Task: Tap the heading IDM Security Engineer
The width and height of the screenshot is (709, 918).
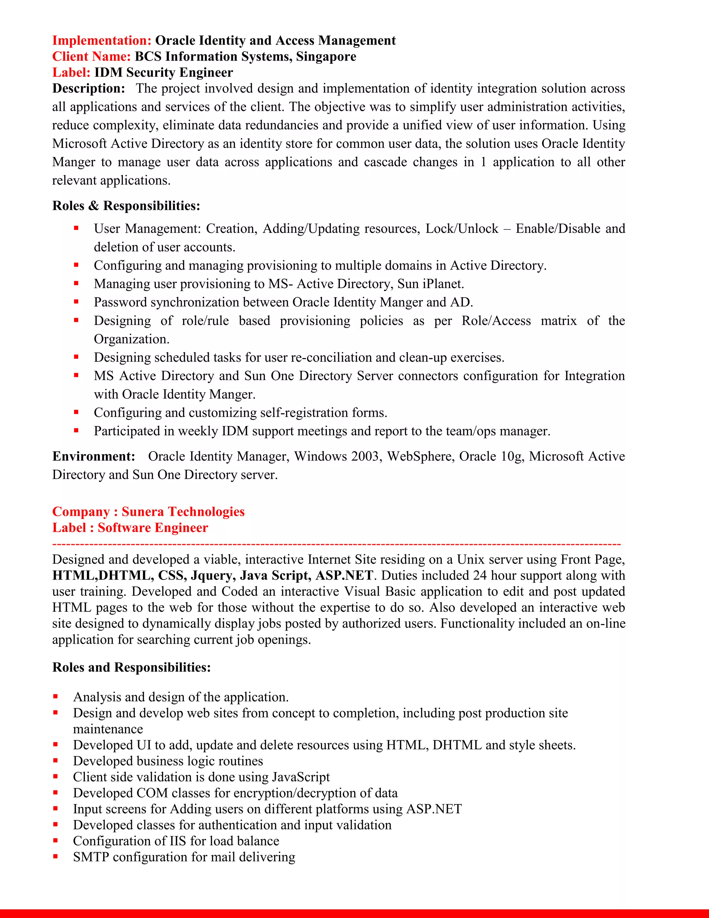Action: point(163,72)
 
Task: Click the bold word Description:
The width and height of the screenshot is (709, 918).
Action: point(89,89)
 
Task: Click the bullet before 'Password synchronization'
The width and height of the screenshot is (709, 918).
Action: point(76,301)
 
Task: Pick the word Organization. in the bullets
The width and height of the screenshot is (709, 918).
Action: point(132,339)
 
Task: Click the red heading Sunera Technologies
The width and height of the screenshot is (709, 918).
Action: point(183,512)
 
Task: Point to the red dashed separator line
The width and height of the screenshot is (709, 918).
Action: point(336,544)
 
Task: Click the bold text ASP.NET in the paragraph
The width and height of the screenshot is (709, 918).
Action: point(344,575)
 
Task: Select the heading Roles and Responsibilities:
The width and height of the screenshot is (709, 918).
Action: point(132,667)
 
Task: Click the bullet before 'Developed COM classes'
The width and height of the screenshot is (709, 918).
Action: point(55,792)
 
